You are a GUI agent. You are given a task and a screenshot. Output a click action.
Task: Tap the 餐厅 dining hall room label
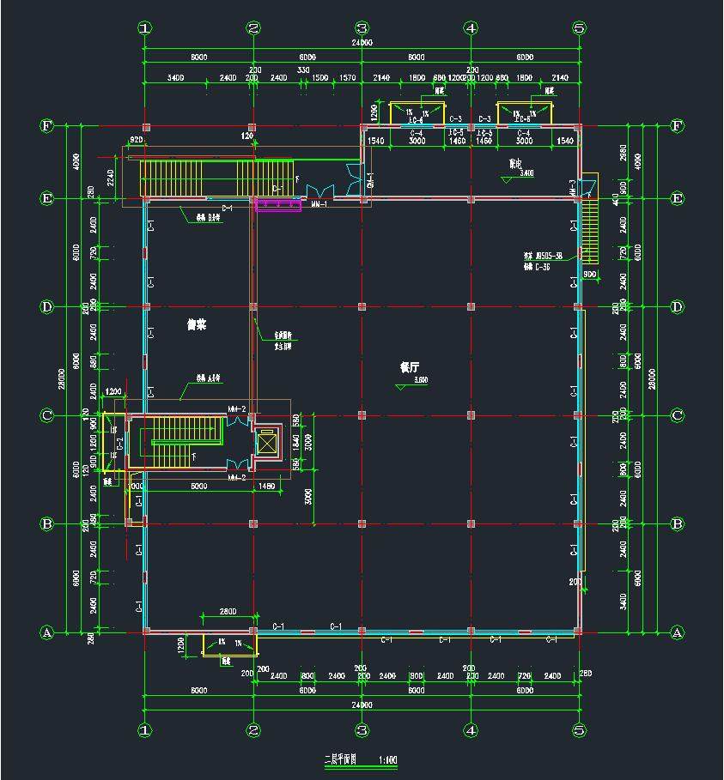(409, 366)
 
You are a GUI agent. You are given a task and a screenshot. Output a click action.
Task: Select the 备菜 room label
(198, 324)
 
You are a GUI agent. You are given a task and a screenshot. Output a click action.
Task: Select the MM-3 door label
(572, 185)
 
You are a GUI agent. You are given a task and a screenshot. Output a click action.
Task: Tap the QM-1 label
(370, 178)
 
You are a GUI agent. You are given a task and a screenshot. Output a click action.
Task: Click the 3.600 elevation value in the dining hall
(421, 379)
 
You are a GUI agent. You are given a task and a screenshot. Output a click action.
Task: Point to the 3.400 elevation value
(527, 172)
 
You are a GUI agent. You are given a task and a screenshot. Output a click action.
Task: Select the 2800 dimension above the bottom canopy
(228, 611)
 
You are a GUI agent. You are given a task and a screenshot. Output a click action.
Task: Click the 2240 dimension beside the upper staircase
(111, 178)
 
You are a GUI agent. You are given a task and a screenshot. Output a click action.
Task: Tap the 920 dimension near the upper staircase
(136, 139)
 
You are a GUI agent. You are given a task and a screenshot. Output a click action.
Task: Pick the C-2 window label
(120, 443)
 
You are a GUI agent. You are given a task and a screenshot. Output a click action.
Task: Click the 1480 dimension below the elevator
(265, 486)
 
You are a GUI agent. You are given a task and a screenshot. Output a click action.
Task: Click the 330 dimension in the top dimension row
(303, 70)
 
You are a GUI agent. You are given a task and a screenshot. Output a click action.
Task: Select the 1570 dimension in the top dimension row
(347, 78)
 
